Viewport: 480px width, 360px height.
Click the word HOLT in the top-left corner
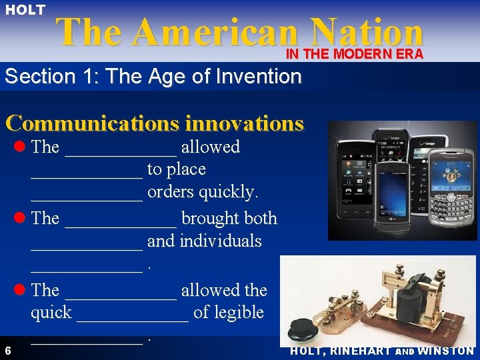click(x=25, y=10)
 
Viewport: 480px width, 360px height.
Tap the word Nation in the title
click(x=367, y=32)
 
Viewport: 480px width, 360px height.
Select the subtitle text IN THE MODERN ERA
click(x=355, y=55)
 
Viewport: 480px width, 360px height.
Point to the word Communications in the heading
click(x=92, y=123)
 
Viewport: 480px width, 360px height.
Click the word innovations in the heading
click(x=244, y=123)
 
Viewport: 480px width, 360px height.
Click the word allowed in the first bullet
click(x=210, y=147)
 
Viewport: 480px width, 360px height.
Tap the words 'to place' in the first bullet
click(x=176, y=169)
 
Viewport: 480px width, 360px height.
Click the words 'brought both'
click(x=229, y=218)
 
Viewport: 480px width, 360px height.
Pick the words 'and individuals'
click(x=204, y=241)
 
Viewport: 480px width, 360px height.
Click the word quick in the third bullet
click(x=51, y=312)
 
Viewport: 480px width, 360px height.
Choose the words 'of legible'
click(x=229, y=312)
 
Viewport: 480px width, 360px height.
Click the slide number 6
click(x=7, y=351)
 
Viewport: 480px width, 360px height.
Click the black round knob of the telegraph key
click(x=306, y=329)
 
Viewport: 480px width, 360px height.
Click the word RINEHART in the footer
click(x=359, y=351)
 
